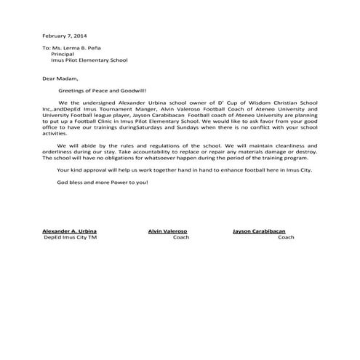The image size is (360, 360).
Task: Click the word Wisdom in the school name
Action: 252,103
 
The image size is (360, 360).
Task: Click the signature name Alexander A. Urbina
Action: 69,231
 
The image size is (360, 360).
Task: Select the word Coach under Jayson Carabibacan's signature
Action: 286,237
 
